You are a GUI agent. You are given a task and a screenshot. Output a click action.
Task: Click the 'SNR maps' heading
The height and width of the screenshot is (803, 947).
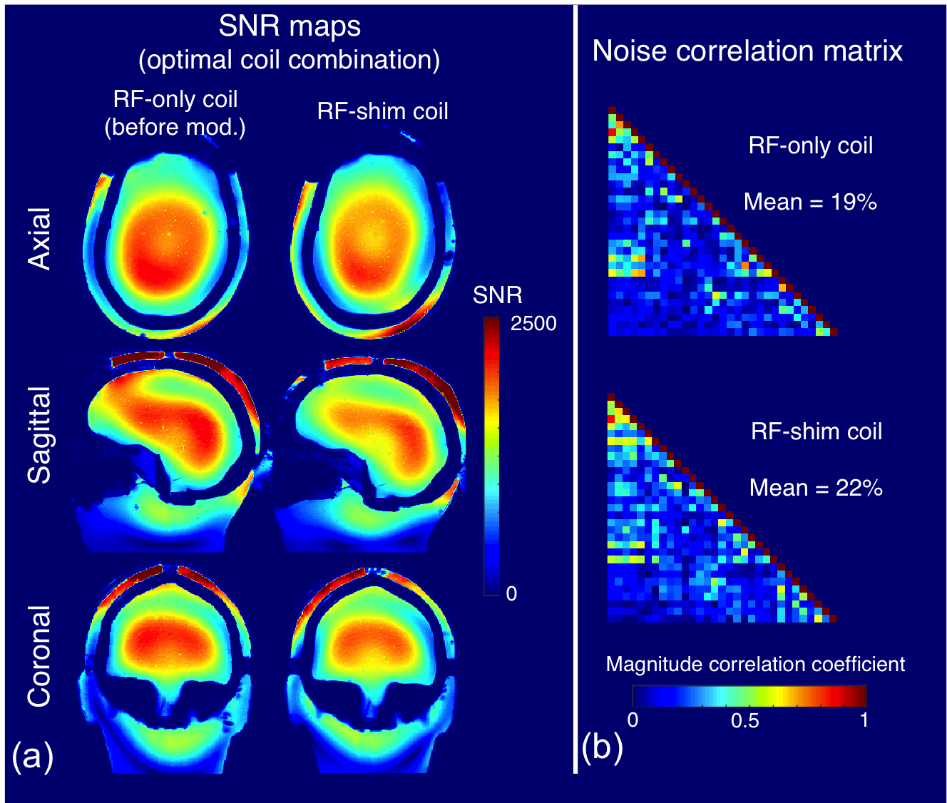coord(290,27)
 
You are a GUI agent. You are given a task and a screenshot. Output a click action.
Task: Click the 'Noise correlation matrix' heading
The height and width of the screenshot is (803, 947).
coord(747,51)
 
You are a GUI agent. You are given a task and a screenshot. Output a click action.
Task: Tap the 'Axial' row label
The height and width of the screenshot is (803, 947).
coord(39,238)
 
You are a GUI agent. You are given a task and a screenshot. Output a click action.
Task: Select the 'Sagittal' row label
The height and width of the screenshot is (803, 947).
coord(39,435)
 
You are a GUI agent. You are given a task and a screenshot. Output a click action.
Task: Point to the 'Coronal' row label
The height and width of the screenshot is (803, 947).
coord(39,656)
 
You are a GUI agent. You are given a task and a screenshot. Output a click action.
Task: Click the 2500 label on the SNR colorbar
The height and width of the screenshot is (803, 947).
coord(533,324)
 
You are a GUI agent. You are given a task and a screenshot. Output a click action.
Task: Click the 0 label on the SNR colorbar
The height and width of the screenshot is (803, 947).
coord(511,594)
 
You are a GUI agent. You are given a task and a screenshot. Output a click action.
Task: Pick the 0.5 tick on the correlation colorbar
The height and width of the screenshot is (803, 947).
coord(745,721)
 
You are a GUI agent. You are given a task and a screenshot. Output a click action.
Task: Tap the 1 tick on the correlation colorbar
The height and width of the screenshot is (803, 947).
coord(864,720)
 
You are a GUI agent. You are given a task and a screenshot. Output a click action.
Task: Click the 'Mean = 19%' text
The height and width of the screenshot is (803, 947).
coord(810,203)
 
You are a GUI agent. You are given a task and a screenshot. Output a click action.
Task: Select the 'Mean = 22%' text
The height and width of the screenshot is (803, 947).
coord(816,488)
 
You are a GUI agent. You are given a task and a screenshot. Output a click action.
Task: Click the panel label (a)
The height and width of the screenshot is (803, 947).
coord(33,757)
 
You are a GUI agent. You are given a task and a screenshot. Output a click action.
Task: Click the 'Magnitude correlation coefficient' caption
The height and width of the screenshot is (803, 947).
coord(755,665)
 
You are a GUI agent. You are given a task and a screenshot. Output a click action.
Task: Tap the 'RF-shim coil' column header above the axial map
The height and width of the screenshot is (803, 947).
coord(383,111)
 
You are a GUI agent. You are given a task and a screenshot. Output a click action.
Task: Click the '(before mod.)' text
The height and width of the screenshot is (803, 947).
coord(175,128)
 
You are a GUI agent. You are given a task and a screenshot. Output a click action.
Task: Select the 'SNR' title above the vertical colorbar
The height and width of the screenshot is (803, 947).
coord(498,295)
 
